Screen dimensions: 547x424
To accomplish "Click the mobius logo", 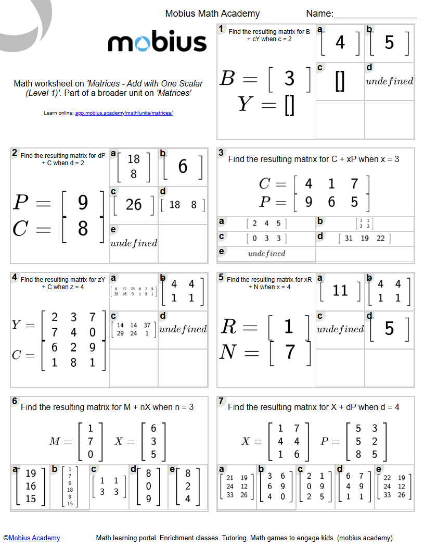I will tap(157, 42).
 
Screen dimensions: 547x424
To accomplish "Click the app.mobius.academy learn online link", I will tap(124, 113).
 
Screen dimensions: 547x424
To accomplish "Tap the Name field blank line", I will tap(375, 19).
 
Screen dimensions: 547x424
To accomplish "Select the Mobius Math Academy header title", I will tap(212, 14).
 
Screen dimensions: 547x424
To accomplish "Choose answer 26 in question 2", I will tap(134, 205).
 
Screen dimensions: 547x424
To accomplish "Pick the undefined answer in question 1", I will tap(390, 81).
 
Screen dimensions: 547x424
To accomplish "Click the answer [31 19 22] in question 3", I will tap(365, 238).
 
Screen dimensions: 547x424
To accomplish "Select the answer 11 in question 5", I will tap(340, 291).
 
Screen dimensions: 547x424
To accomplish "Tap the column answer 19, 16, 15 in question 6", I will tap(31, 486).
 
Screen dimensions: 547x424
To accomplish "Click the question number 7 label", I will tap(221, 401).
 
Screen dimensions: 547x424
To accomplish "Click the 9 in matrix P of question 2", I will tap(83, 203).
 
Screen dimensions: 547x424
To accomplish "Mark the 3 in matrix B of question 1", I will tap(289, 79).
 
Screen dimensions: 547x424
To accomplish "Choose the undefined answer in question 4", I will tap(183, 329).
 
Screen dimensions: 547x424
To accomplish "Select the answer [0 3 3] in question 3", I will tap(266, 238).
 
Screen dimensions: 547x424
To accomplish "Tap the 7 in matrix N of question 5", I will tap(290, 352).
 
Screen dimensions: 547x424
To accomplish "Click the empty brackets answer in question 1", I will tap(340, 82).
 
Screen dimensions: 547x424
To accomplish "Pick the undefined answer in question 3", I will tap(266, 254).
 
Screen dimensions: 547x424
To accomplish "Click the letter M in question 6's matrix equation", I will tap(55, 441).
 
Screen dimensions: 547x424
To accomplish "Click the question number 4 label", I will tap(15, 277).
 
